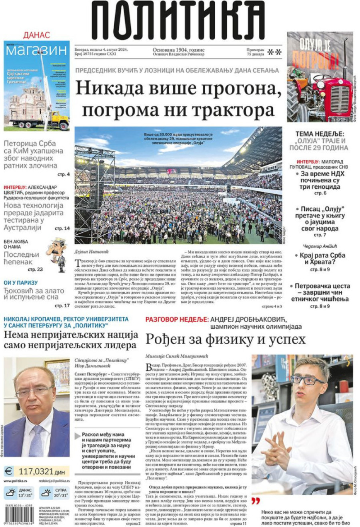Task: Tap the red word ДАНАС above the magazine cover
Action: (x=36, y=35)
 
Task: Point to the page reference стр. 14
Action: (x=62, y=228)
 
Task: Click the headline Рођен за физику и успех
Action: (x=225, y=339)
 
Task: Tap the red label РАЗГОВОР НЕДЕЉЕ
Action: (x=176, y=319)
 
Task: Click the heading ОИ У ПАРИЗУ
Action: (x=20, y=283)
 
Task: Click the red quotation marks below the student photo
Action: (x=256, y=501)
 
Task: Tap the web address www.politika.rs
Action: (x=16, y=481)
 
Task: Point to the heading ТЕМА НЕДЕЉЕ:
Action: (x=320, y=134)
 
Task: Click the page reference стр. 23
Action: (x=35, y=269)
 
